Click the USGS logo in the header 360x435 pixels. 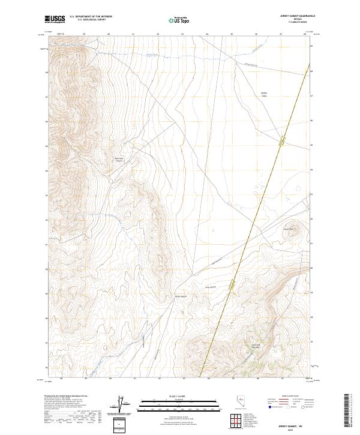pyautogui.click(x=54, y=19)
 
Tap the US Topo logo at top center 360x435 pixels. pyautogui.click(x=176, y=20)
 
